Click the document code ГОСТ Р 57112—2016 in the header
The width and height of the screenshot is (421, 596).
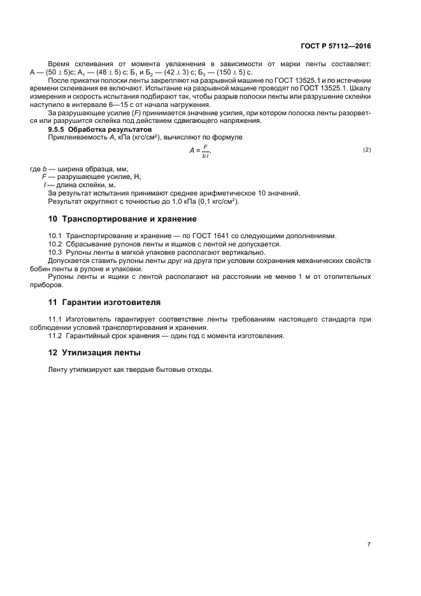[x=336, y=46]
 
